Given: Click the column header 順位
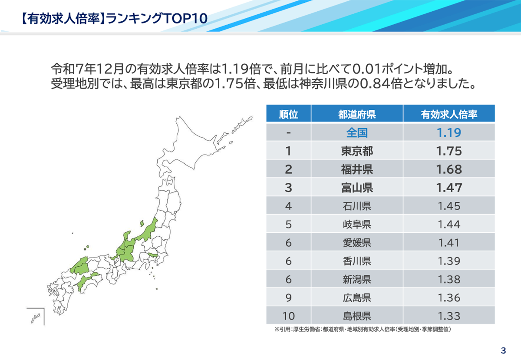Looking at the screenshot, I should (288, 114).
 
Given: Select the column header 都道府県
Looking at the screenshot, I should (357, 114).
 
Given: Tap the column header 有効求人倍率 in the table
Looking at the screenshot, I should (449, 114).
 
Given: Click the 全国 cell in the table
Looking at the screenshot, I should (357, 132).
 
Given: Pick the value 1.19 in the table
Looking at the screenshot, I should (449, 132).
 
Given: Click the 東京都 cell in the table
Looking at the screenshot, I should (357, 151).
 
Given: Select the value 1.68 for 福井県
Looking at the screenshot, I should (449, 169).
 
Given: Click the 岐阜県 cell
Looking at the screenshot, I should (357, 224).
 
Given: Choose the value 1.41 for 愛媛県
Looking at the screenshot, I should (449, 242).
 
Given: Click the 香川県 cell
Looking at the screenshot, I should (357, 261).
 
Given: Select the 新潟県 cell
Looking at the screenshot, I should (357, 279).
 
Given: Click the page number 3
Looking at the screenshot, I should (503, 350).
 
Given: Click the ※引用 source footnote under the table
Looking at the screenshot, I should (363, 330).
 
